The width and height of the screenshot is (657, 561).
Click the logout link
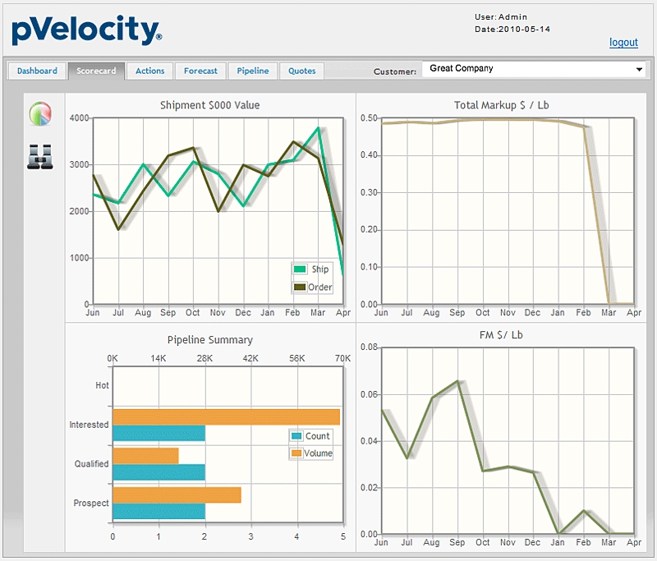[623, 43]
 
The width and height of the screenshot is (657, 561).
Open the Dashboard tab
[37, 71]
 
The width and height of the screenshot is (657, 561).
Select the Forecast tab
[200, 71]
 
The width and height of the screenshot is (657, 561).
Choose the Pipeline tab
[253, 71]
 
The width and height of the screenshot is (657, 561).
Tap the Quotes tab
[302, 71]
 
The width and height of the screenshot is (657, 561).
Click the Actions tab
[150, 71]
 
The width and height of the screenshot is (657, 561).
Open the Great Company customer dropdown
[535, 69]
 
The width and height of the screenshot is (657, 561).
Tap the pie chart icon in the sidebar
[40, 114]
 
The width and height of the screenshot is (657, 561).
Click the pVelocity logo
[87, 31]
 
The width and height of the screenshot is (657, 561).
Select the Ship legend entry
[312, 269]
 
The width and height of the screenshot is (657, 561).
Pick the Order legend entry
[312, 287]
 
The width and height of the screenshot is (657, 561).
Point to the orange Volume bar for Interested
[226, 416]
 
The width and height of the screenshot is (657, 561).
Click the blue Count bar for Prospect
[159, 511]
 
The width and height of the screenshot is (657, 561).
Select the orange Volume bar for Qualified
[145, 456]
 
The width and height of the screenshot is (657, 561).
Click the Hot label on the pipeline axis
[102, 385]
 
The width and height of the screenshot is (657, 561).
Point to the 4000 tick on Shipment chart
[79, 118]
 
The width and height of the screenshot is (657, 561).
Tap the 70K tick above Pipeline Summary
[342, 359]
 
